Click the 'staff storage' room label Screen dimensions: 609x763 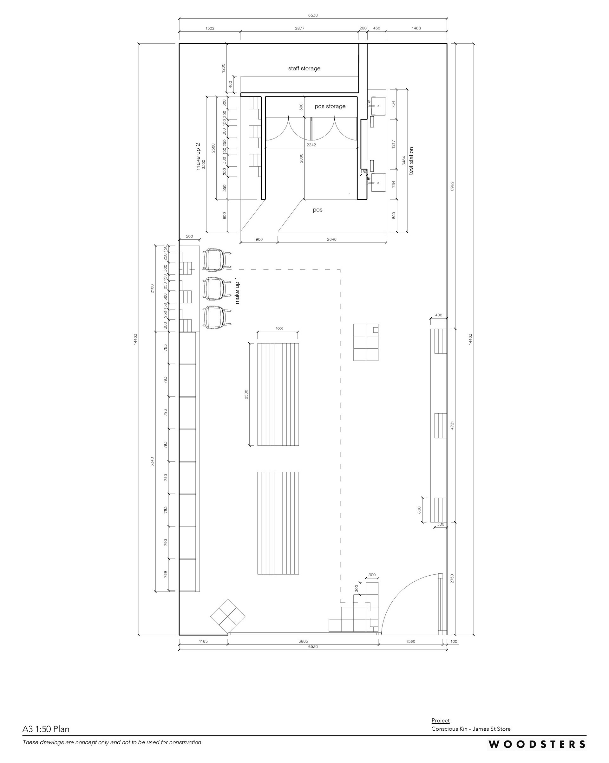click(304, 68)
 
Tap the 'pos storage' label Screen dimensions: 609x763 click(330, 106)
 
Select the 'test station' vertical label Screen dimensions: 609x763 click(411, 161)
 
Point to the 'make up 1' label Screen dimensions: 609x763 click(237, 290)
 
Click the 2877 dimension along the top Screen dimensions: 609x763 click(299, 28)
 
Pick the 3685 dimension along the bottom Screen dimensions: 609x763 click(304, 641)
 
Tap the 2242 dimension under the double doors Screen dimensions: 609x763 click(311, 145)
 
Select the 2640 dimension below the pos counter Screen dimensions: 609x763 click(331, 240)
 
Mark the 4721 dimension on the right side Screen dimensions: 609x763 click(452, 425)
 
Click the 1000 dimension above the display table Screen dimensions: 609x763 click(279, 328)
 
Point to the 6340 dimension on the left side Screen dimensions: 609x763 click(152, 462)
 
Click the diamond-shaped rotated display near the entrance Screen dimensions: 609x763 click(228, 617)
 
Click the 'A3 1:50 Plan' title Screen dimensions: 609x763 click(46, 729)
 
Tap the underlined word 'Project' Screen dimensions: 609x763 click(441, 721)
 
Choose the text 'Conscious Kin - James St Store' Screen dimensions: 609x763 click(471, 729)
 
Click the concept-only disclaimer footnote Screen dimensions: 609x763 click(112, 742)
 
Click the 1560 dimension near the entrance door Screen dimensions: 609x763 click(411, 641)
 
